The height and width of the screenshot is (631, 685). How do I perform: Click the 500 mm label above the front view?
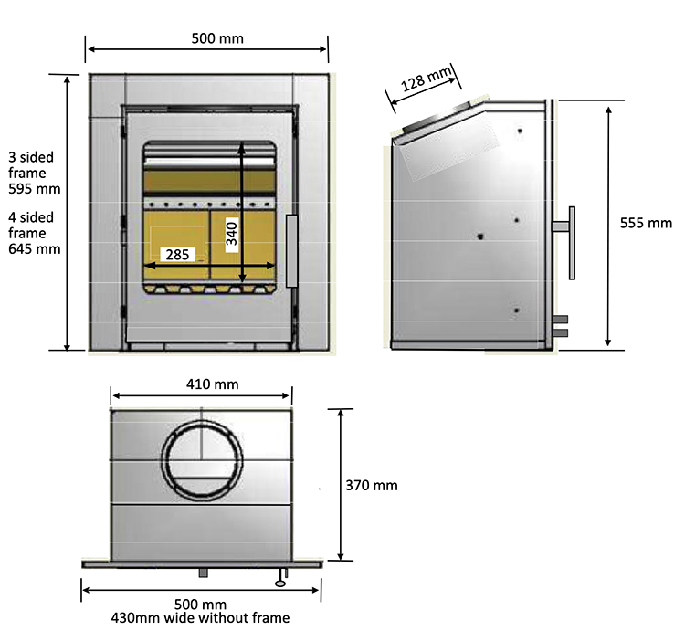(x=217, y=38)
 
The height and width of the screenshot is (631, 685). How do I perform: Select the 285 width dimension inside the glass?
(x=178, y=255)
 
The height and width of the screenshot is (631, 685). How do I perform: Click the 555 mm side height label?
(x=646, y=223)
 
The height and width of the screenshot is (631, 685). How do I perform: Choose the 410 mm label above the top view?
(x=213, y=384)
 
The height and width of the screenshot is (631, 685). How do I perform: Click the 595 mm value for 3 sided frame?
(x=33, y=190)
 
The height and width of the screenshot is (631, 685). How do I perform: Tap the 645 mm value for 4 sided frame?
(x=33, y=248)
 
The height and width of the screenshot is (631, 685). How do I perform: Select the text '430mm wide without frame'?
(x=200, y=618)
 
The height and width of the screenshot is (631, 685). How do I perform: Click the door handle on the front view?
(x=291, y=250)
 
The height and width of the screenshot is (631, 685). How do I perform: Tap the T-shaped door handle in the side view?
(x=570, y=242)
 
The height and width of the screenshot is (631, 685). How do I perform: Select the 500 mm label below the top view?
(x=200, y=605)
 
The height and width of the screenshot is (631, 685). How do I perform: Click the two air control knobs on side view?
(x=562, y=326)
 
